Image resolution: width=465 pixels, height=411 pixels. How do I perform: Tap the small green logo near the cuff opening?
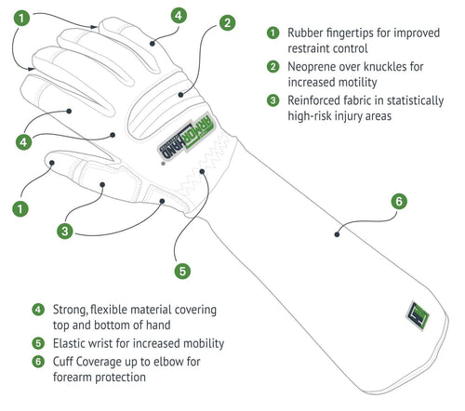418,315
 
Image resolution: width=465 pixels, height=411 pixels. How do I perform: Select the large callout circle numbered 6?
399,202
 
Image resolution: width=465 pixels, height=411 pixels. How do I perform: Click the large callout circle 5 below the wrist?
182,271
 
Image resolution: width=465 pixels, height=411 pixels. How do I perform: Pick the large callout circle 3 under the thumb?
65,232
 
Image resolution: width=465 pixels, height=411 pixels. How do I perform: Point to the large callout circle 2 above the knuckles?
227,22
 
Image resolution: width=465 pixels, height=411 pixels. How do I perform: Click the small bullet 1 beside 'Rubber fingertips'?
272,33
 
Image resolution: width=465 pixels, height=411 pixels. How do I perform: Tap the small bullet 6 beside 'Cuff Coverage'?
38,362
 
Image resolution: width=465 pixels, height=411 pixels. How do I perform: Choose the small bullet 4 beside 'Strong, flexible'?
38,310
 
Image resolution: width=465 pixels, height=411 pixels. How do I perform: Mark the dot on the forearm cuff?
337,234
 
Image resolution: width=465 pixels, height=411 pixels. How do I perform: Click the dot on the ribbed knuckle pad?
180,95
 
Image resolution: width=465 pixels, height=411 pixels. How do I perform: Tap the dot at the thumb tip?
52,163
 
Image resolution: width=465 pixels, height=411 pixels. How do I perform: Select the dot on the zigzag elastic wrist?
202,171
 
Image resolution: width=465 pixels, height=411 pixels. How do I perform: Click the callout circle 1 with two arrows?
21,18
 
